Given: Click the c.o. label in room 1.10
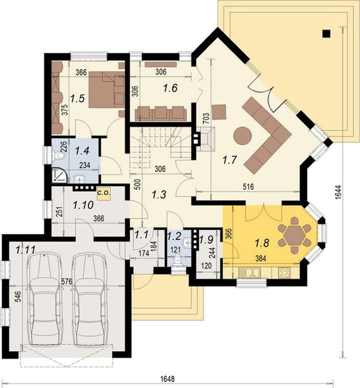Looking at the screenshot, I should (x=103, y=192).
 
